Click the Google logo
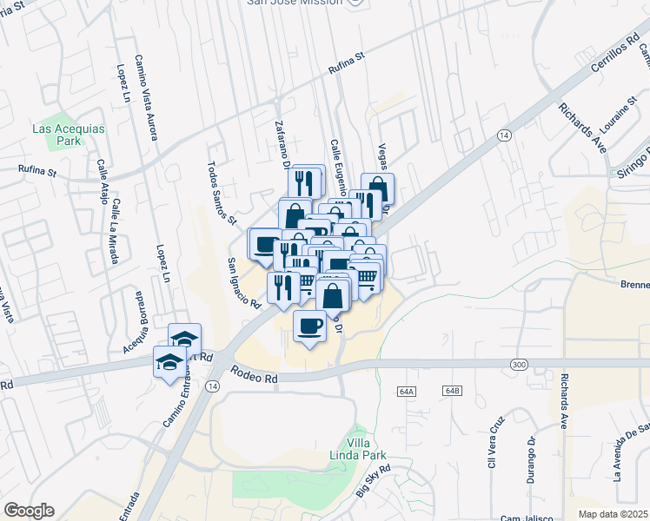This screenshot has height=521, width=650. point(29,511)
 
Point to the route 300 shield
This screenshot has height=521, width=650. point(520,363)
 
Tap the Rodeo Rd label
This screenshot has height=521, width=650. point(254,374)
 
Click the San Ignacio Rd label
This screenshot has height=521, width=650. point(244,283)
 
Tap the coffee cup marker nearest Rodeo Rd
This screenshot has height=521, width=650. point(309,328)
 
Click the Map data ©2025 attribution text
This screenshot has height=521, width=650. point(614,514)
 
